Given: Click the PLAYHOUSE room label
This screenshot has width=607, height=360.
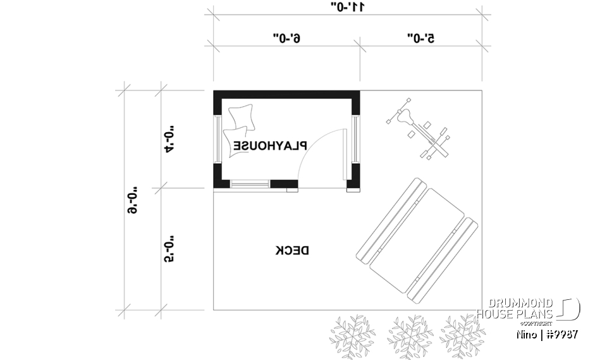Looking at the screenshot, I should [x=270, y=146].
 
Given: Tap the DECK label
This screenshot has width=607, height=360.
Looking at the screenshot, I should [x=292, y=250].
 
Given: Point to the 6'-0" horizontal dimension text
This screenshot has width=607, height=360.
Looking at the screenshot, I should [x=286, y=39].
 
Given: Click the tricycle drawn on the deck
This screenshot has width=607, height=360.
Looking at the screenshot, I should [x=419, y=132].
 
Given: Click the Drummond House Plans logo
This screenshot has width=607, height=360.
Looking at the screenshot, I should [x=527, y=308].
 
